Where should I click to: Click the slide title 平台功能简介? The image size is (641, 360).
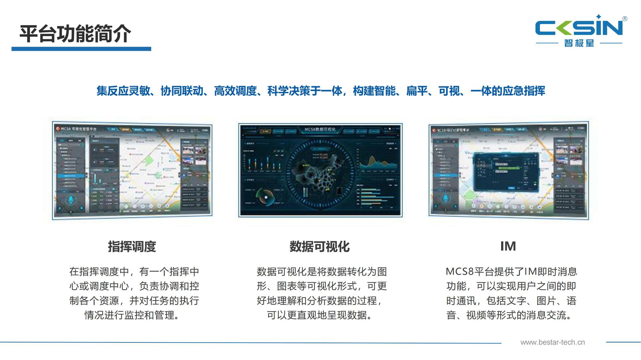point(75,34)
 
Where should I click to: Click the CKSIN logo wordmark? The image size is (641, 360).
point(579,27)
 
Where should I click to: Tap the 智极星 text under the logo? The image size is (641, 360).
point(579,43)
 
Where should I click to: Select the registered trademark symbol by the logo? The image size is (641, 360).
point(625,19)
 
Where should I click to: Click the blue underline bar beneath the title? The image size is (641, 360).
point(81,49)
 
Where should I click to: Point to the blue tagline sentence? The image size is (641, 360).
point(320,91)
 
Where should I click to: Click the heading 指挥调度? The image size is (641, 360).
point(132,247)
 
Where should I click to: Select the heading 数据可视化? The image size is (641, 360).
point(319,247)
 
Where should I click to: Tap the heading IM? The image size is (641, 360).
point(508,246)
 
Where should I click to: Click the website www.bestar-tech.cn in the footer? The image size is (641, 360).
point(553,342)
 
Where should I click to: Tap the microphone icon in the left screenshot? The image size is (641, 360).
point(71,200)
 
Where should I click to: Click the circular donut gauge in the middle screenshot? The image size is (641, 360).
point(265,197)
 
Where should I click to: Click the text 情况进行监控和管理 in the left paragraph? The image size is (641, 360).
point(132,315)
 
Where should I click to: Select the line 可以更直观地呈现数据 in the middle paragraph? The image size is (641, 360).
point(319,315)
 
